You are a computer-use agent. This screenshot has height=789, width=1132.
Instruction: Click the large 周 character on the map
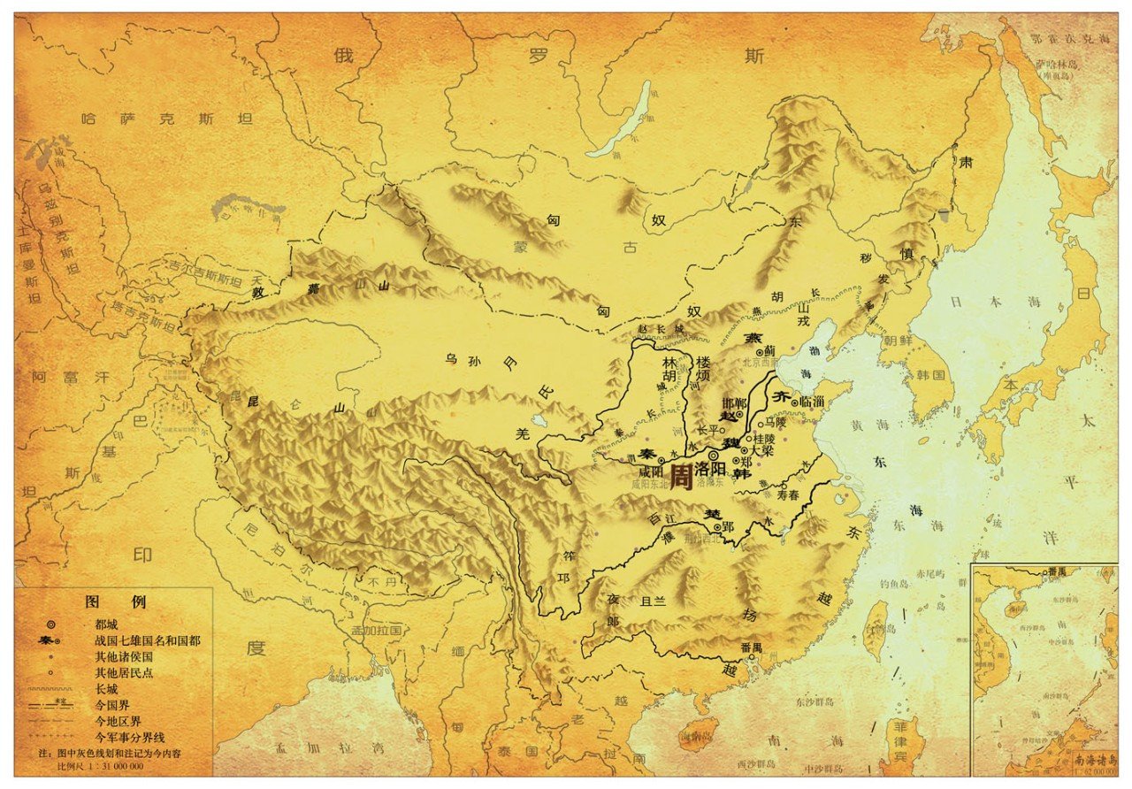681,477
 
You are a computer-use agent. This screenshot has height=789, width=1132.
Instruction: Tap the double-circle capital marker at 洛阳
715,455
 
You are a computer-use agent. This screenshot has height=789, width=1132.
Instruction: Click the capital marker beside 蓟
759,351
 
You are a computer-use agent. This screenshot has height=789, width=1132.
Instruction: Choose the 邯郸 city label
734,403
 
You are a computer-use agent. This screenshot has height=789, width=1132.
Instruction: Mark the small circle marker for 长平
723,432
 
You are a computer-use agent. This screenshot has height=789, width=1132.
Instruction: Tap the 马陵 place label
775,423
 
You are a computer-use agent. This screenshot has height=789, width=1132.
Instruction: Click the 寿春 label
788,497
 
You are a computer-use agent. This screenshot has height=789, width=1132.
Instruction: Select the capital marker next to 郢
717,526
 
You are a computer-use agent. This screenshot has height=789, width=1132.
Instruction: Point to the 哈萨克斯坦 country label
166,118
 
